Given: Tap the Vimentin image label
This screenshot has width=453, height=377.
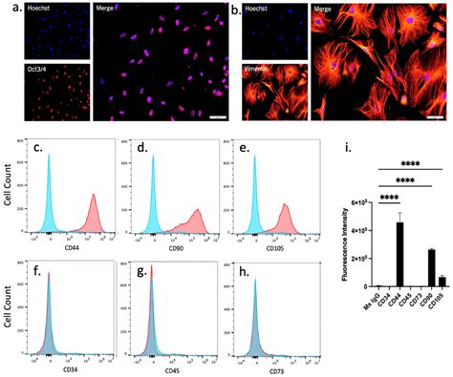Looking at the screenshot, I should pyautogui.click(x=260, y=70).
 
